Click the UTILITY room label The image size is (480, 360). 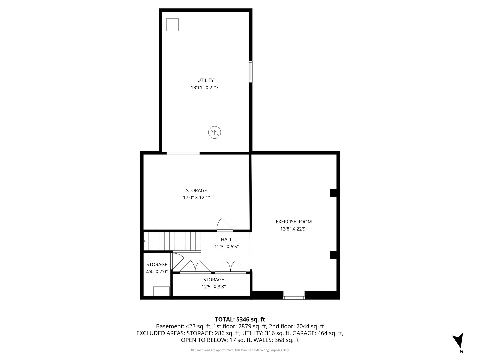click(x=205, y=80)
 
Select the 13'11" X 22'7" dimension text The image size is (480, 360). click(x=205, y=88)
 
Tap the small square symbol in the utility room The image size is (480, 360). click(x=172, y=25)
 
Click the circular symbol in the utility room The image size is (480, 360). click(x=214, y=132)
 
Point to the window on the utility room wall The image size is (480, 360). click(x=251, y=72)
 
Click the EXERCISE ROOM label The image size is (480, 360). click(x=293, y=222)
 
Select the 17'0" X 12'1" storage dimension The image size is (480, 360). click(x=196, y=198)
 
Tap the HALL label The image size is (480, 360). click(x=226, y=239)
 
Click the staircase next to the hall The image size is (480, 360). click(x=172, y=241)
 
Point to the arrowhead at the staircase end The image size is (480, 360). click(x=145, y=241)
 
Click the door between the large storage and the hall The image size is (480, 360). click(x=225, y=225)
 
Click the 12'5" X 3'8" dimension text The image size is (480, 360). click(x=213, y=287)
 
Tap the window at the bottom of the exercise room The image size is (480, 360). click(x=294, y=298)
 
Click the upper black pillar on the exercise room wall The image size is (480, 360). click(x=333, y=193)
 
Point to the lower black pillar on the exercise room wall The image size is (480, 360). click(x=333, y=255)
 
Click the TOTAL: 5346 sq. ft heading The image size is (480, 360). click(x=240, y=319)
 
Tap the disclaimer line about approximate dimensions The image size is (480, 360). click(x=240, y=350)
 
